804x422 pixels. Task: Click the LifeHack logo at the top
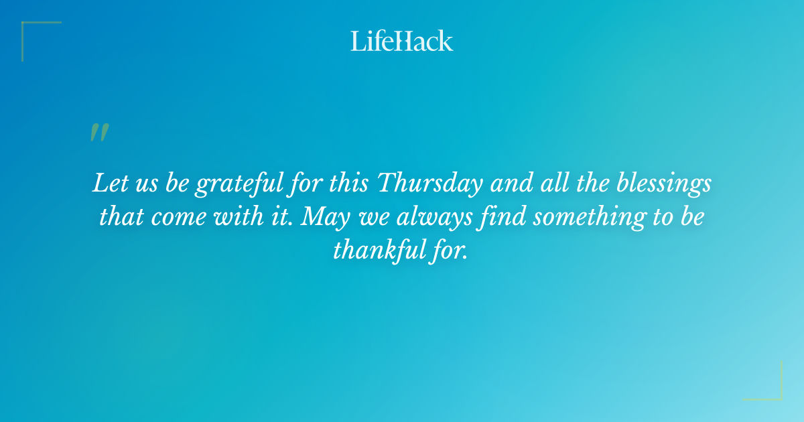point(402,41)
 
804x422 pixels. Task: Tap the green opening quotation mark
point(99,132)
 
